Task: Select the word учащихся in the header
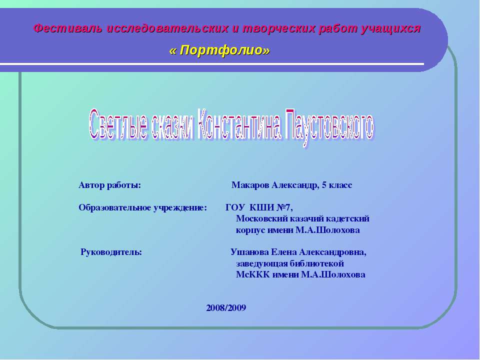click(x=391, y=28)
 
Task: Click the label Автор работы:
click(x=110, y=185)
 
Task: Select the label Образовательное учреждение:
click(x=142, y=207)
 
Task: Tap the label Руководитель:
click(x=111, y=252)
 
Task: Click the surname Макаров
click(x=250, y=185)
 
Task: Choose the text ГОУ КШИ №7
click(x=259, y=207)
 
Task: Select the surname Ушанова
click(x=249, y=252)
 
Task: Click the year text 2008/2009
click(x=226, y=308)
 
